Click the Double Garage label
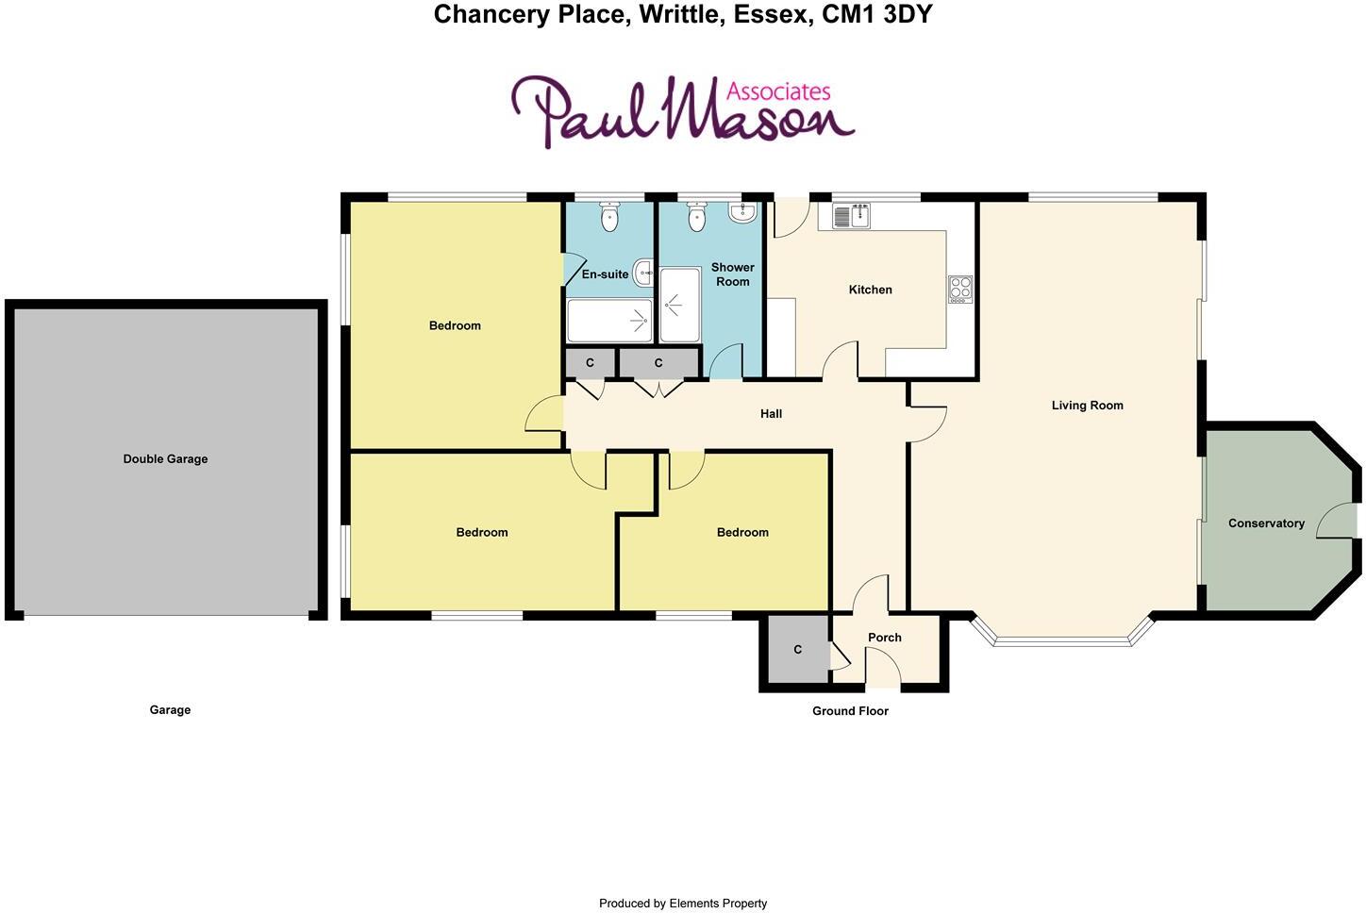pos(165,459)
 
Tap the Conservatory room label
pos(1266,523)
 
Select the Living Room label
pos(1087,406)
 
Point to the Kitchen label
pos(870,290)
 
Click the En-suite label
pos(605,274)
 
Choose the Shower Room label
pos(732,274)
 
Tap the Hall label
pos(771,414)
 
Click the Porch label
pos(884,638)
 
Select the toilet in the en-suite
pos(609,218)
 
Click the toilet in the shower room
pos(697,218)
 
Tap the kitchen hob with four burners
pos(959,289)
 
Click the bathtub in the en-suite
pos(609,321)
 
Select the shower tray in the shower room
pos(679,306)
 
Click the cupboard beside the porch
pos(797,650)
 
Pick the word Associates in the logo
pos(778,91)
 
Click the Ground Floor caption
pos(850,711)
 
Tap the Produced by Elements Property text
pos(683,904)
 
